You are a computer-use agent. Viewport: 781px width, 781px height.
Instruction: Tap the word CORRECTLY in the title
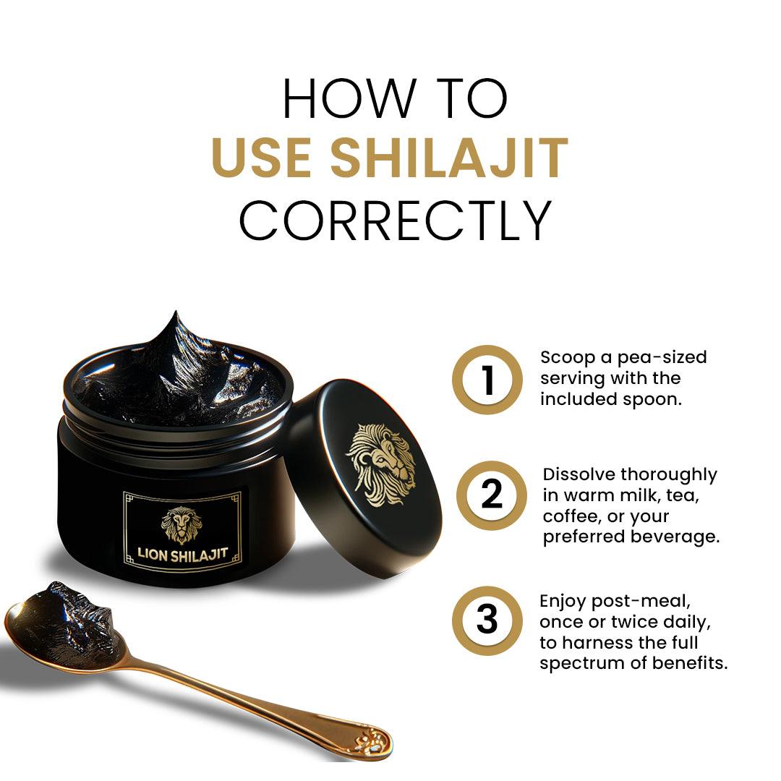click(395, 221)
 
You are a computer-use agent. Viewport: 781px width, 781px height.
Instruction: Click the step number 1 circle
click(487, 380)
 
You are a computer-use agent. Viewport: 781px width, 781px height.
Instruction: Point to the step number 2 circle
click(487, 496)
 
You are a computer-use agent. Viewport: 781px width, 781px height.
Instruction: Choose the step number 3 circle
click(487, 620)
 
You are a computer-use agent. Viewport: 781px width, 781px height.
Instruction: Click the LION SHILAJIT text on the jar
click(183, 554)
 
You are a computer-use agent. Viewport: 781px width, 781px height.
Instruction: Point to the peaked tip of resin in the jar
click(175, 318)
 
